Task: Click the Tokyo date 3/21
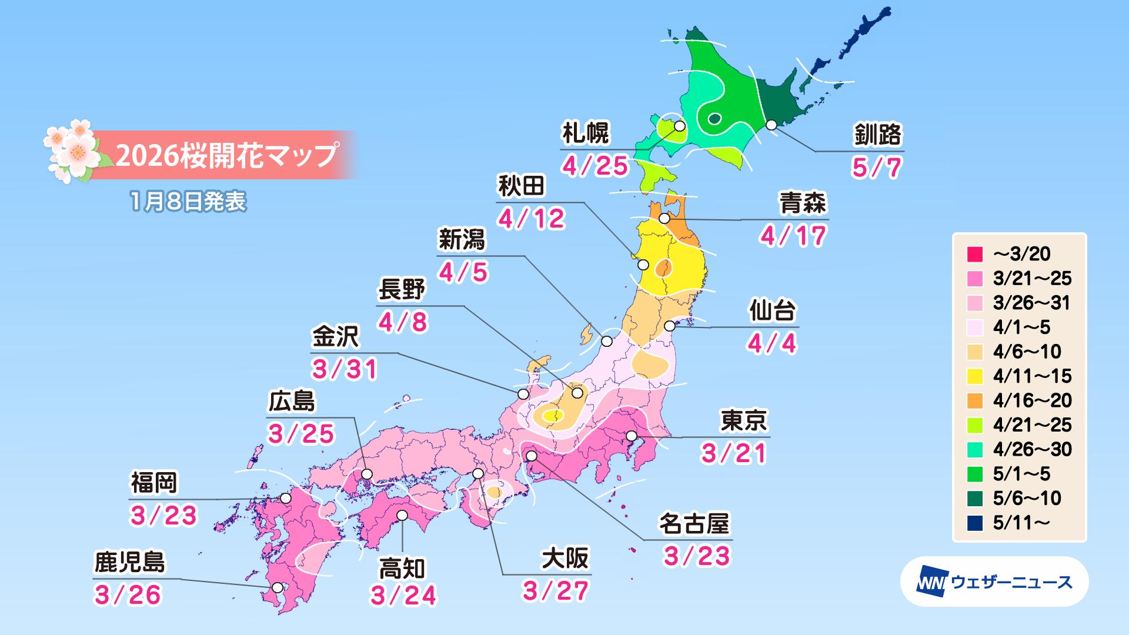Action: (x=734, y=453)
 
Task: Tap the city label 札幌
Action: (x=586, y=135)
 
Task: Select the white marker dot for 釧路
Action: (x=771, y=125)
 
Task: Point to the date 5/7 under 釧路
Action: (x=876, y=168)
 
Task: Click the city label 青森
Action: (x=803, y=204)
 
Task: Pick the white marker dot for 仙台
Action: (x=669, y=326)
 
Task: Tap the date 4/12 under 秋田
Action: (x=532, y=219)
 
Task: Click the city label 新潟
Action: (x=462, y=240)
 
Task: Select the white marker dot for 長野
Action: (x=577, y=392)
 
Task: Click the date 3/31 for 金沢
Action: (x=345, y=369)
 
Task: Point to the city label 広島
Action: (x=292, y=402)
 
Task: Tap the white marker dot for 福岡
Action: (x=286, y=498)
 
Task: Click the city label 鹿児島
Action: (x=130, y=563)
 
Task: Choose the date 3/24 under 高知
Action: (x=403, y=596)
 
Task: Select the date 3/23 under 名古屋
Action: (x=697, y=556)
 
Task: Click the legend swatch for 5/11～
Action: (x=974, y=523)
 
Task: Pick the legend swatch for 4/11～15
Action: (x=974, y=376)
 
